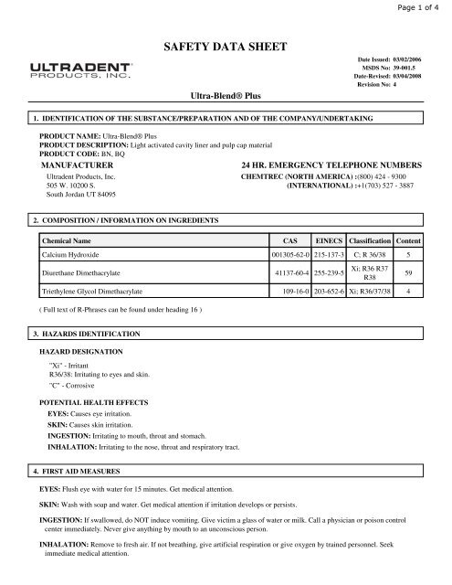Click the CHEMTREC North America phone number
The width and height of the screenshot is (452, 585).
399,173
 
